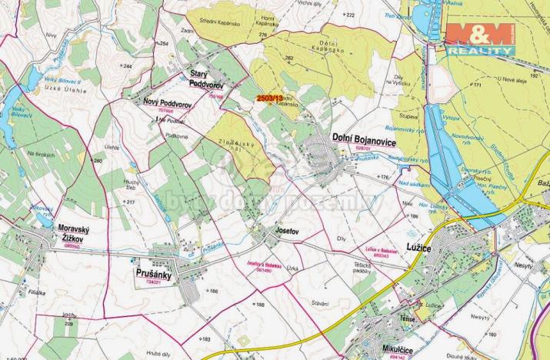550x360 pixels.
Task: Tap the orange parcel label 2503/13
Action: [270, 98]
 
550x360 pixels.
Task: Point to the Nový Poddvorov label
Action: [166, 102]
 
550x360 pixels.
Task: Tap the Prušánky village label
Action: [159, 274]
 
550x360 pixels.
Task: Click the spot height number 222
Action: [350, 15]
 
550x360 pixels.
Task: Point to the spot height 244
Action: [127, 66]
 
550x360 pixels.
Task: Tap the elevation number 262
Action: [289, 58]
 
